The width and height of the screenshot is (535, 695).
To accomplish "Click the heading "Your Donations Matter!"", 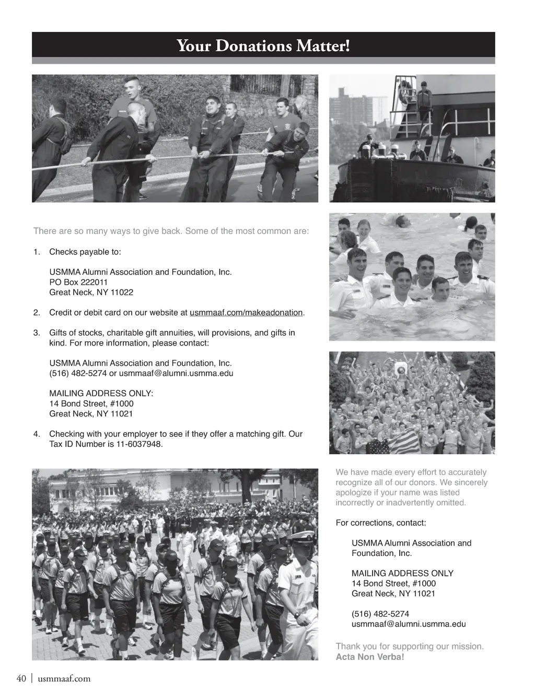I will pyautogui.click(x=263, y=46).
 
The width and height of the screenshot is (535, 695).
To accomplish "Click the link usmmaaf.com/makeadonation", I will pyautogui.click(x=246, y=312).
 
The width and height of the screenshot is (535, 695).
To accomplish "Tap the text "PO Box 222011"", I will pyautogui.click(x=78, y=282).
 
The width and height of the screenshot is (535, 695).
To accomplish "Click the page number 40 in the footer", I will pyautogui.click(x=21, y=678).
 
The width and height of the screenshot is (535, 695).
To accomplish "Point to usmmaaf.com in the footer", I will pyautogui.click(x=64, y=679).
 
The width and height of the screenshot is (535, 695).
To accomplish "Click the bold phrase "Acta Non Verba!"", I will pyautogui.click(x=370, y=657).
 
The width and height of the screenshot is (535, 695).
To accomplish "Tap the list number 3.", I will pyautogui.click(x=37, y=333).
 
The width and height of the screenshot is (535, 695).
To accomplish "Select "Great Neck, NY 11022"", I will pyautogui.click(x=91, y=292).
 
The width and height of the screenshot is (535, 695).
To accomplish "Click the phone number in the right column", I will pyautogui.click(x=380, y=614).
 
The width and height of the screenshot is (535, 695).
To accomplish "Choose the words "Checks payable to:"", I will pyautogui.click(x=85, y=252).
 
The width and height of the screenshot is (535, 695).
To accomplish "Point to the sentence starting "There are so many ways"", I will pyautogui.click(x=171, y=231).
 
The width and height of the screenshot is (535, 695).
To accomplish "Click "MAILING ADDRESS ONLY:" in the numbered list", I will pyautogui.click(x=101, y=393).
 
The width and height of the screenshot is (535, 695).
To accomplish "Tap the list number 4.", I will pyautogui.click(x=37, y=434).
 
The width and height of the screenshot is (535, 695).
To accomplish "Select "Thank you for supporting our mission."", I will pyautogui.click(x=409, y=646).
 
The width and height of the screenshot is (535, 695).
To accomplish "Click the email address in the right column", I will pyautogui.click(x=408, y=624).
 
